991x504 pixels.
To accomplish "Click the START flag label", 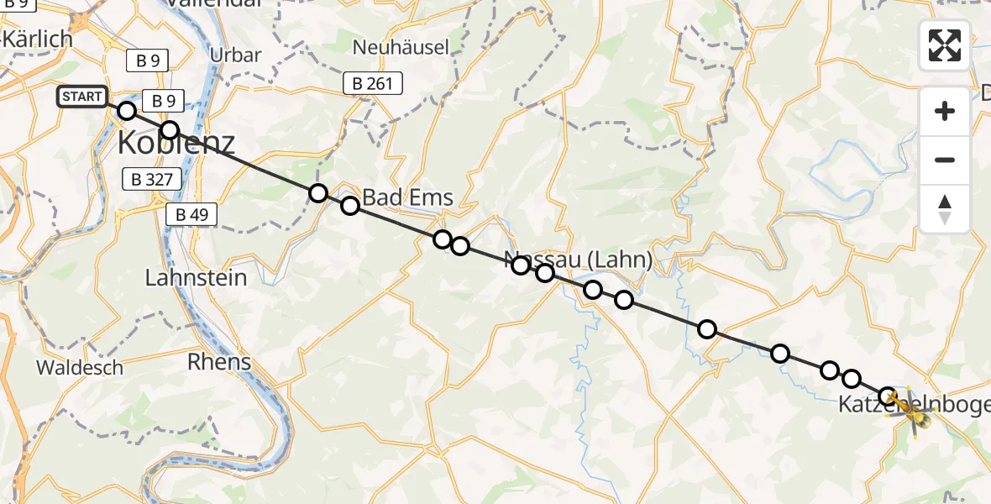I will (x=82, y=97).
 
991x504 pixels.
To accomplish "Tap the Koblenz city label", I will (x=176, y=144).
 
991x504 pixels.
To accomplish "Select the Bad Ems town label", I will (x=408, y=198).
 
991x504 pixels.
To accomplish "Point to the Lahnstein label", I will (x=197, y=277).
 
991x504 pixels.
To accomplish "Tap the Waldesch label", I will (x=80, y=367).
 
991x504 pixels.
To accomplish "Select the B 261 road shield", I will (x=373, y=83).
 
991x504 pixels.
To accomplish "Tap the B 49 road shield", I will (x=191, y=214).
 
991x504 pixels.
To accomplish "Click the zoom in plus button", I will (x=945, y=111).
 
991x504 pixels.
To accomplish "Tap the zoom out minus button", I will (x=945, y=160).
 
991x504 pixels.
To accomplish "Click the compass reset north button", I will (x=945, y=208).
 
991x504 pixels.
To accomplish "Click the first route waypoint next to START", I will (x=127, y=111).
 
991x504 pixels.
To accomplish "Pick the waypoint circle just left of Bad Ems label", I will (x=350, y=205).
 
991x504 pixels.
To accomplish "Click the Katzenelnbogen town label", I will (x=915, y=404).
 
